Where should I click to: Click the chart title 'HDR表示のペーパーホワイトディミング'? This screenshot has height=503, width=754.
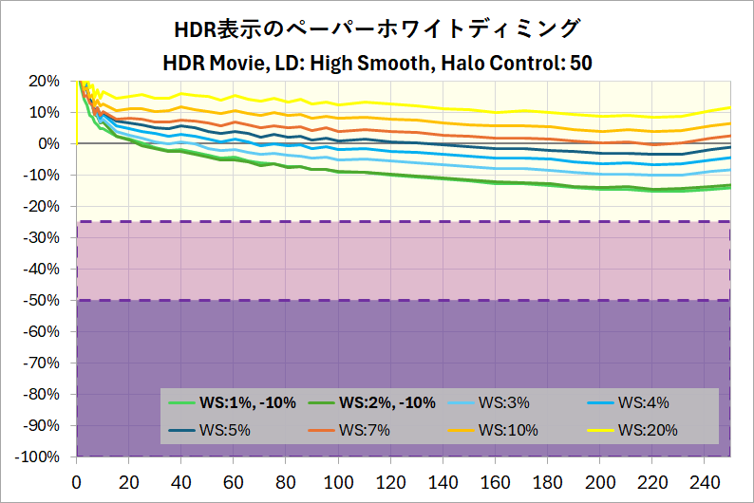click(x=376, y=28)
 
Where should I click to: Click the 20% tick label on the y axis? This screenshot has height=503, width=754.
click(x=45, y=81)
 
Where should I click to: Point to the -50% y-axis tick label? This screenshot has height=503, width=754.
click(x=42, y=300)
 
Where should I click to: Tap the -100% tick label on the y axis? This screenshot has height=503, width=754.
click(x=39, y=456)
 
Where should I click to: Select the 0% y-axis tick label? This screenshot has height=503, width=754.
click(x=49, y=143)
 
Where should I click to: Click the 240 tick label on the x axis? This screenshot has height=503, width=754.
click(x=704, y=481)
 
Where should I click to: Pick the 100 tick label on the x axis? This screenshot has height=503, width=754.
click(x=338, y=481)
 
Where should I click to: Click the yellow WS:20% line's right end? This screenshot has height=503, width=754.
click(x=729, y=107)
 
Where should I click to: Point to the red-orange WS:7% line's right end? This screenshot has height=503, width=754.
click(x=729, y=136)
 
